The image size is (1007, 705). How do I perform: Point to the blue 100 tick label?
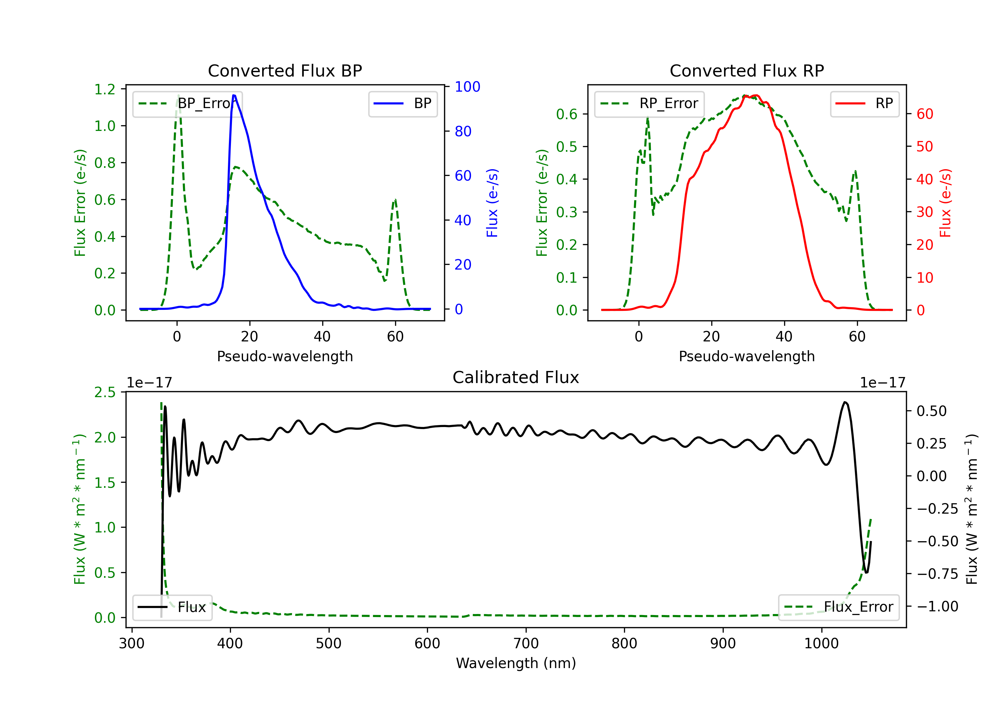[x=467, y=87]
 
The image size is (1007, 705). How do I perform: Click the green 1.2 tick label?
[x=105, y=90]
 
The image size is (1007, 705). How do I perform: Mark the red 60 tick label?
[x=924, y=114]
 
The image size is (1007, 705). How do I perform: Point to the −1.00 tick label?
[x=937, y=607]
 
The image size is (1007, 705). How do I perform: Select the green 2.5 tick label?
[x=105, y=392]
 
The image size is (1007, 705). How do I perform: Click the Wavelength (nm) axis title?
[x=516, y=663]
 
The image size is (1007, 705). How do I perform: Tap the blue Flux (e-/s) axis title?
[x=492, y=203]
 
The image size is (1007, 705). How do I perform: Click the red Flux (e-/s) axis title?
[x=945, y=203]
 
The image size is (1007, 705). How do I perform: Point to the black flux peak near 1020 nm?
[x=845, y=402]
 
